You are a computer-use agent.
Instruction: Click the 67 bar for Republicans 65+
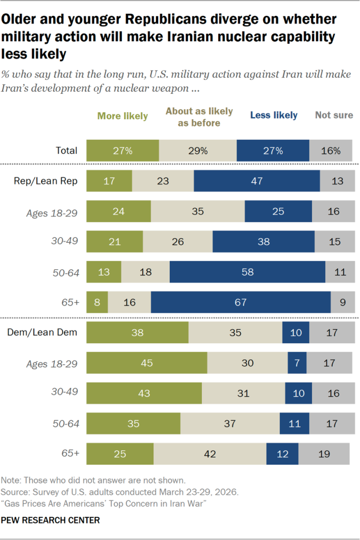[241, 302]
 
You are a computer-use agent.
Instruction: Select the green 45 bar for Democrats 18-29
[147, 363]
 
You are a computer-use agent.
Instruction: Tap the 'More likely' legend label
[122, 116]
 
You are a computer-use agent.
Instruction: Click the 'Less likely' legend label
[274, 115]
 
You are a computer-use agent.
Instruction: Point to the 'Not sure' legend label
[334, 115]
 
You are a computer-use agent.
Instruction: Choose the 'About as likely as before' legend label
[192, 117]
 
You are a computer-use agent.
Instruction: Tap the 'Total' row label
[66, 150]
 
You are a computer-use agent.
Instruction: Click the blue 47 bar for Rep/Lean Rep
[257, 181]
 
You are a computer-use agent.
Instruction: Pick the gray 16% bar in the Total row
[330, 150]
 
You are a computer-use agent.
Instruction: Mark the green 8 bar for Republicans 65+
[97, 302]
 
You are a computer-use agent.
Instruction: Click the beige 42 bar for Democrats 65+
[210, 454]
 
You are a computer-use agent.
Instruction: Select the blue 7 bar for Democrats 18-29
[297, 363]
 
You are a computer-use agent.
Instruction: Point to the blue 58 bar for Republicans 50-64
[247, 272]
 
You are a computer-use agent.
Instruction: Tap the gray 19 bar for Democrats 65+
[324, 454]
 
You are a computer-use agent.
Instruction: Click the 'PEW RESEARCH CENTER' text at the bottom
[51, 520]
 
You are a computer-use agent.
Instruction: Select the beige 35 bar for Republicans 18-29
[198, 211]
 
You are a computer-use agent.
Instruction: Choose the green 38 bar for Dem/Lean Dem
[137, 332]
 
